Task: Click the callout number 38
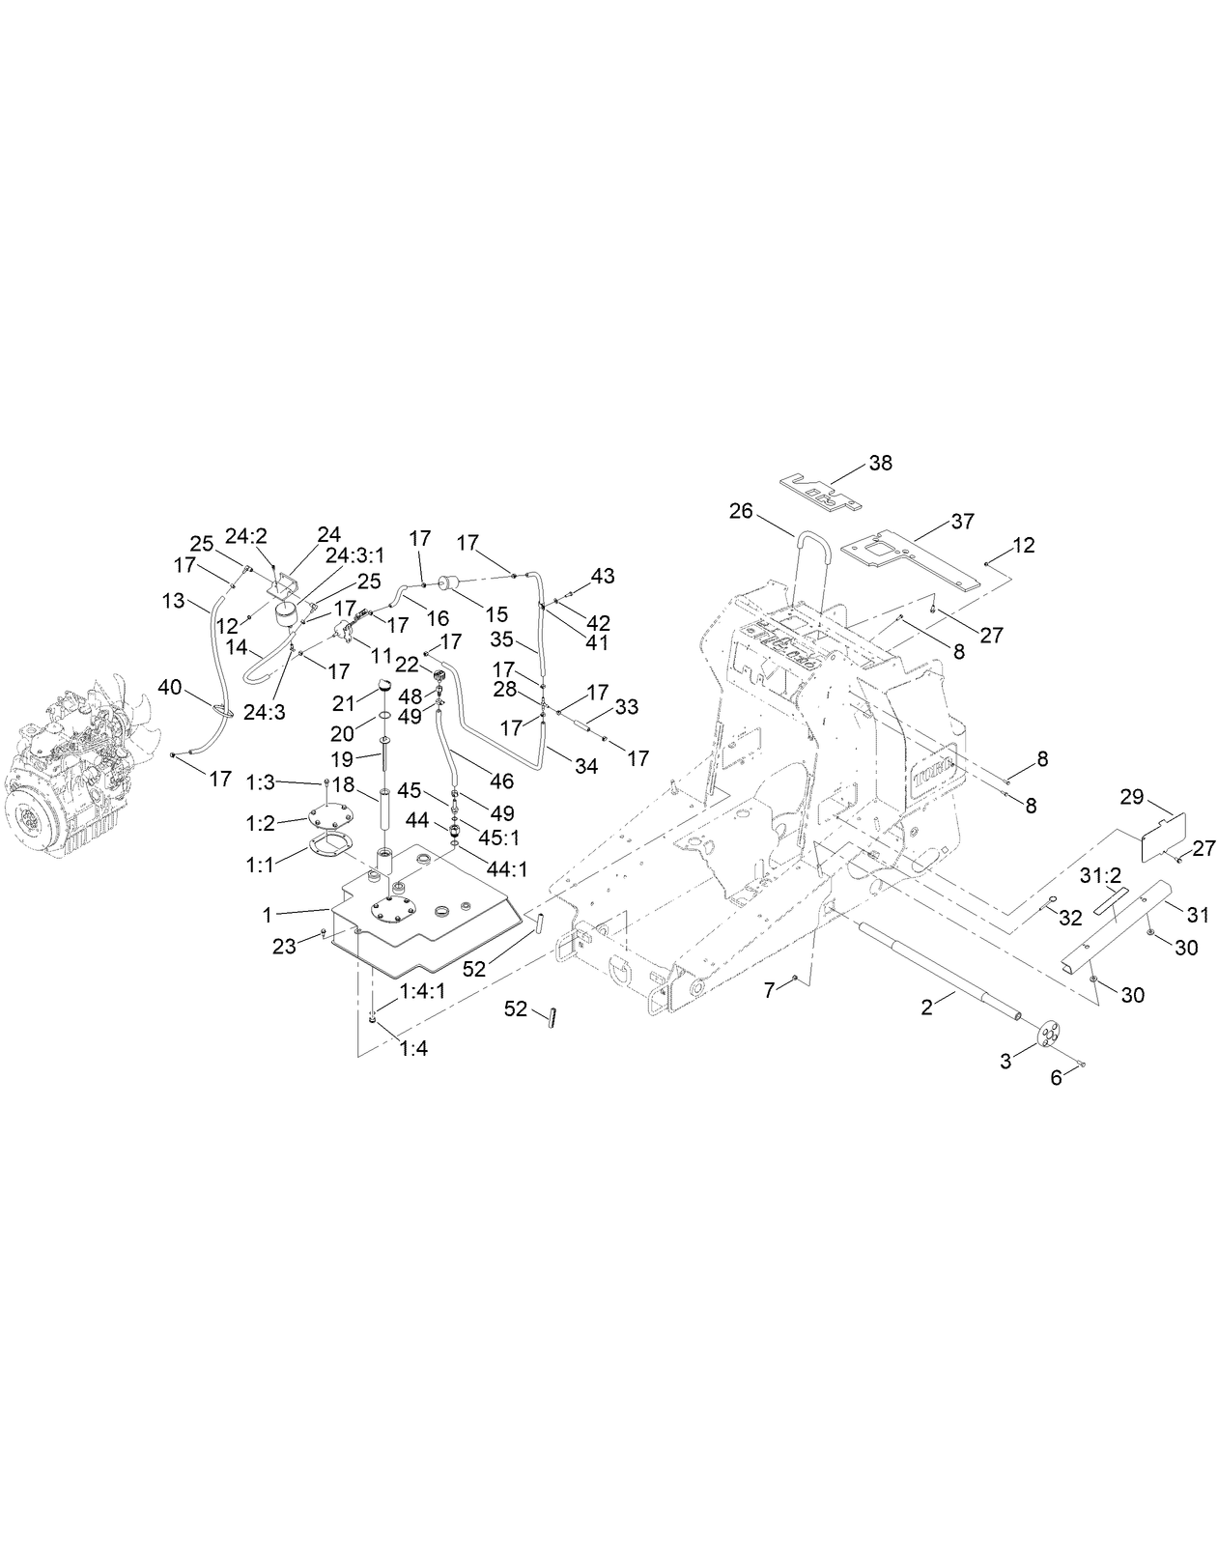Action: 880,463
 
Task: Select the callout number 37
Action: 962,522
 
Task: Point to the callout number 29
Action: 1131,797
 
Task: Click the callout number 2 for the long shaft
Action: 926,1008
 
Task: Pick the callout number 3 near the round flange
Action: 1006,1061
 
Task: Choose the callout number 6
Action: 1056,1077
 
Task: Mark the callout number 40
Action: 170,687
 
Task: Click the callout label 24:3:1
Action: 354,555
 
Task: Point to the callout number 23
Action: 284,947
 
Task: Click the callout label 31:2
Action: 1098,876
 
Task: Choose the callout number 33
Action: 627,707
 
